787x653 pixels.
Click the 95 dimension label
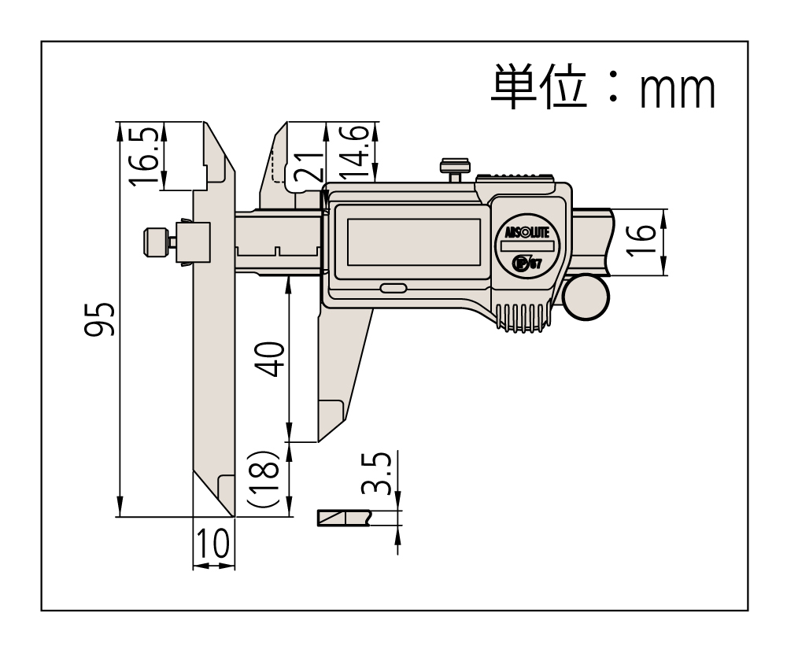tap(99, 319)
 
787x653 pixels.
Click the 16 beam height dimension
tap(641, 241)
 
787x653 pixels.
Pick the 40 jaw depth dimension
tap(271, 359)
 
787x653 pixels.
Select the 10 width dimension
tap(214, 544)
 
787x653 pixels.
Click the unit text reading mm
tap(678, 90)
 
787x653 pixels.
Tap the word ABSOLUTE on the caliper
tap(527, 232)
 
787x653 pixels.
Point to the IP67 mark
tap(527, 263)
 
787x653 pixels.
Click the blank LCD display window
tap(414, 242)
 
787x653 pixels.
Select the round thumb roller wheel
tap(586, 297)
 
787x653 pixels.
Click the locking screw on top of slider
tap(455, 171)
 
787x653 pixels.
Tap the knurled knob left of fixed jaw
tap(156, 242)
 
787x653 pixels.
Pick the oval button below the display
tap(393, 288)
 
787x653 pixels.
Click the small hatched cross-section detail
tap(345, 518)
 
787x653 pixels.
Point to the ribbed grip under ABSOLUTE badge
tap(524, 318)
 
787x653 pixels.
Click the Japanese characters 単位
tap(538, 87)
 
